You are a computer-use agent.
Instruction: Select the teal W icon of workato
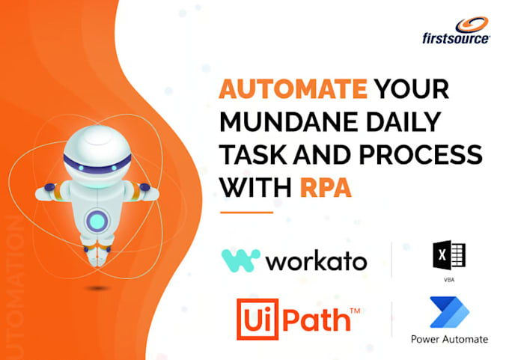point(240,260)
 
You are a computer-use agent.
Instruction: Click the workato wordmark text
point(317,261)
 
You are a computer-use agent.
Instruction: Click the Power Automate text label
point(449,339)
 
